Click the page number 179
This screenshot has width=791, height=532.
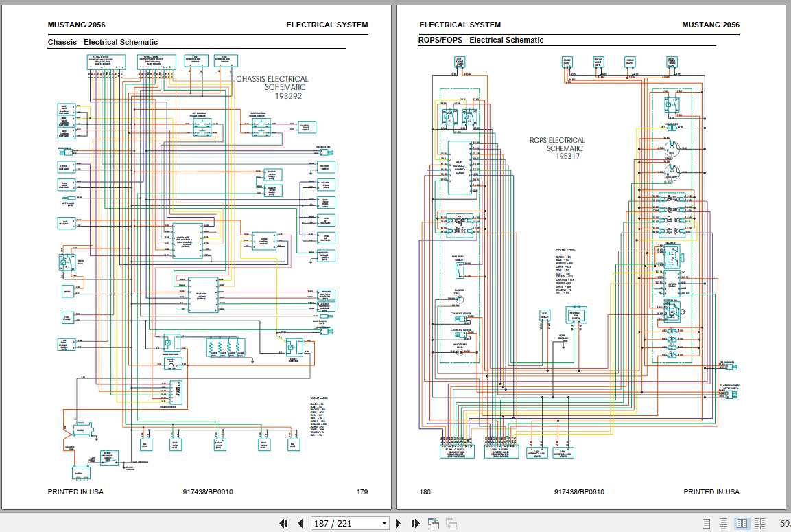(362, 491)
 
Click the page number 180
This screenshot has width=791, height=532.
(425, 491)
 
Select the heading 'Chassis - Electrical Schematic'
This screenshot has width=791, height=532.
(102, 42)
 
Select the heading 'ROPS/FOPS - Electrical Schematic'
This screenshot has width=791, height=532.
(480, 40)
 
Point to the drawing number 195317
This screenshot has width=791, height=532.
(567, 156)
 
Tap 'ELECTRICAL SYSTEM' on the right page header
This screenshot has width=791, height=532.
(460, 25)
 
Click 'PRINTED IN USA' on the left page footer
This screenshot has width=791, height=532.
(75, 491)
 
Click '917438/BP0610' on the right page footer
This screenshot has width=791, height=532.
(579, 491)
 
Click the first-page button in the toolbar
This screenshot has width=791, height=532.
(283, 523)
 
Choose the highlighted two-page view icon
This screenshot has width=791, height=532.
(742, 523)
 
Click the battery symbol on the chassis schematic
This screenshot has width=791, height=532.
(80, 472)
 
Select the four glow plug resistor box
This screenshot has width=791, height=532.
(226, 347)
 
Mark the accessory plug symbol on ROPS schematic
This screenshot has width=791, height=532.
(460, 349)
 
